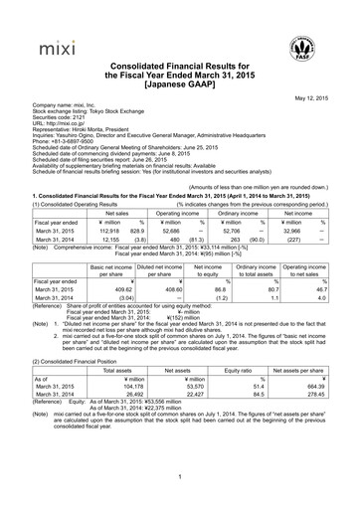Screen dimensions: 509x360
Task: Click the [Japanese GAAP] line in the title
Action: click(179, 85)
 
